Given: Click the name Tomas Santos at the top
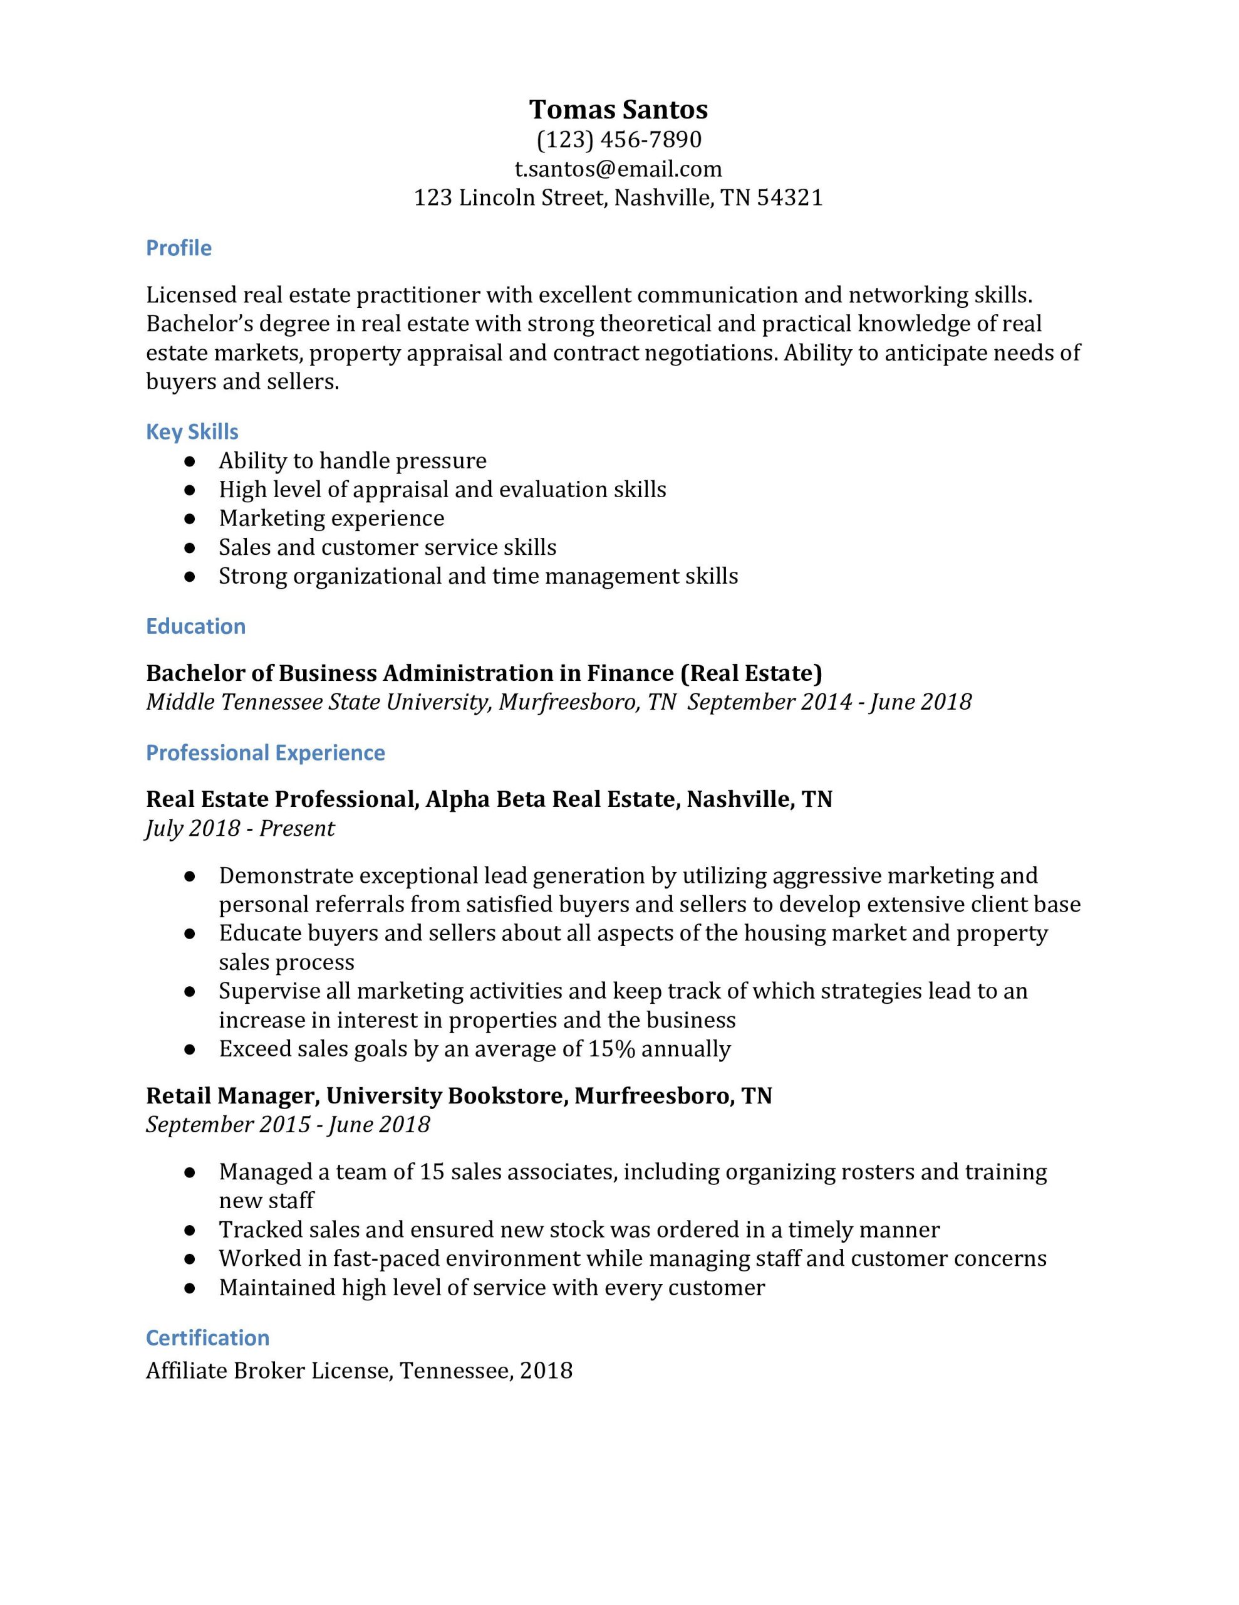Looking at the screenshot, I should [618, 110].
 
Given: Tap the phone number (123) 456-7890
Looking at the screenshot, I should [618, 139].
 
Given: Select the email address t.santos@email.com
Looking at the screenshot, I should [618, 169].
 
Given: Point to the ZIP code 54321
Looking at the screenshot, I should [789, 197].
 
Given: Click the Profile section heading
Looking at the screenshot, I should [179, 248].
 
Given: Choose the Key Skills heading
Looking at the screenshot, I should [192, 431].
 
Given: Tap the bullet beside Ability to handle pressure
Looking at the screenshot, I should [190, 461].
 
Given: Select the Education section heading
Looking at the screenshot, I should [195, 626].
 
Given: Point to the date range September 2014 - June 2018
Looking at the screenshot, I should [829, 702].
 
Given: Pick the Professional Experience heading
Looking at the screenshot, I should [265, 752].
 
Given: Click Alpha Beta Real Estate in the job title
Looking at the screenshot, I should [550, 799].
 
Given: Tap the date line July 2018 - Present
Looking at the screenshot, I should [240, 828].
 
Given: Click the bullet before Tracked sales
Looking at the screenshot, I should [190, 1230].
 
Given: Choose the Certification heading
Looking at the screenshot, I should [207, 1337].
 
